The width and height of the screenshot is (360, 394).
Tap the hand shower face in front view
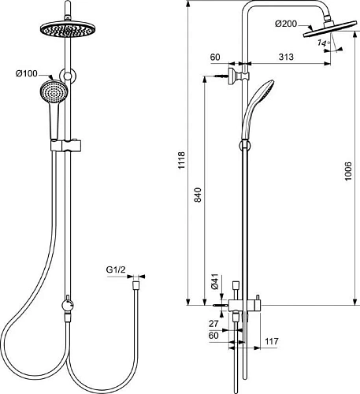(x=50, y=91)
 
